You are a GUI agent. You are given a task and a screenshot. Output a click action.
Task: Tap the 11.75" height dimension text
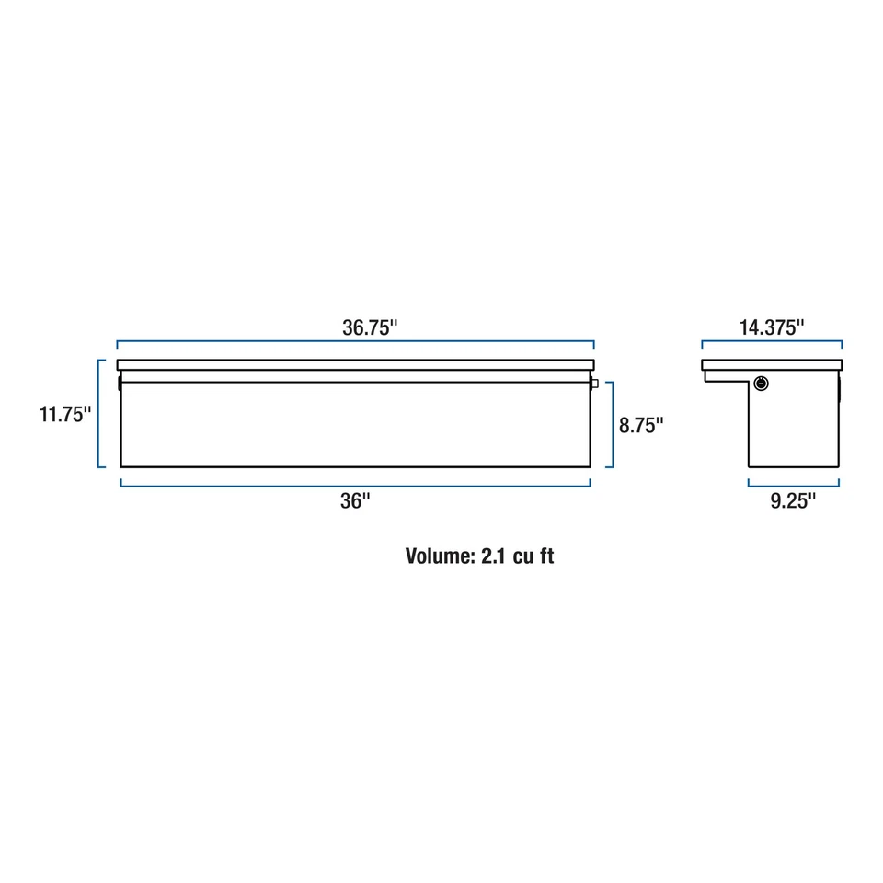click(x=64, y=414)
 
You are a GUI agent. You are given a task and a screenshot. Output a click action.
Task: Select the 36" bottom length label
click(x=354, y=500)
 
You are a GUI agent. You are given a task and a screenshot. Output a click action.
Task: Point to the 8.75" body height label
click(x=641, y=425)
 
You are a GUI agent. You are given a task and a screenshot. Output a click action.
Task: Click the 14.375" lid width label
click(x=771, y=327)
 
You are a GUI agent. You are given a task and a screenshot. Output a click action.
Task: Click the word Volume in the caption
click(x=438, y=556)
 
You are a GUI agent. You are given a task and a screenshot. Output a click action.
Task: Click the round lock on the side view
click(x=762, y=383)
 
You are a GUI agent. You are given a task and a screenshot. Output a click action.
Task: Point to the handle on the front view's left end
click(x=120, y=382)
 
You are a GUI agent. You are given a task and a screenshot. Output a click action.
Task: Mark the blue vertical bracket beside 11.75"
click(x=98, y=414)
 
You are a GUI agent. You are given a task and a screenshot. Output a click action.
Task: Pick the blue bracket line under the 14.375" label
click(x=771, y=343)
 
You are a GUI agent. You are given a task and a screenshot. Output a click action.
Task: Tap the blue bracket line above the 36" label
click(x=355, y=485)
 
